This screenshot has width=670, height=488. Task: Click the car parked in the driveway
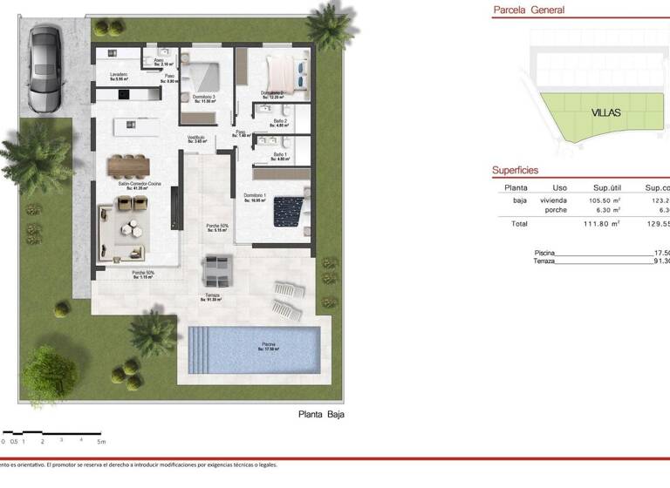44,69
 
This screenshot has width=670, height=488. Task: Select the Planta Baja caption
321,415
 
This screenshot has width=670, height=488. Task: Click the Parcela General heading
529,10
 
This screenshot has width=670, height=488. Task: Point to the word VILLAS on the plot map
605,113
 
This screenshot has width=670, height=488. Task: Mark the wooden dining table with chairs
130,164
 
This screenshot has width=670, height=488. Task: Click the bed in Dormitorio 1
288,211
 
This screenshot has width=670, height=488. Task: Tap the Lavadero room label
120,76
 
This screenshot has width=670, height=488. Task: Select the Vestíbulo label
196,138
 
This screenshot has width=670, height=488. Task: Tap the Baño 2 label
279,121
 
